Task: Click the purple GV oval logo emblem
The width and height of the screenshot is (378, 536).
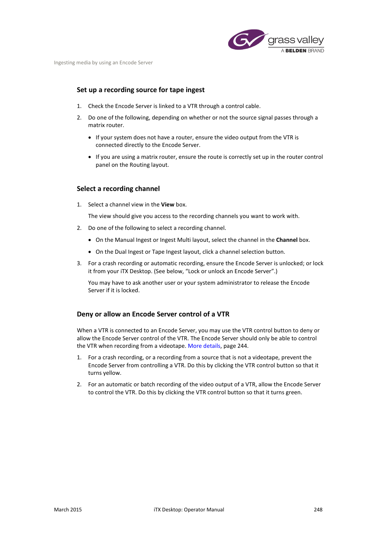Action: click(246, 40)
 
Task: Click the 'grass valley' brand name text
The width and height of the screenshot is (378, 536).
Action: click(296, 40)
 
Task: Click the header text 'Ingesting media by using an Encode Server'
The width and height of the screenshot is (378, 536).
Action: click(103, 63)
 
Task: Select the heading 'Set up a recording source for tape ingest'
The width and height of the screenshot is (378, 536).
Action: click(140, 90)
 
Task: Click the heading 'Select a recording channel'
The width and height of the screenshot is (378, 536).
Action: click(118, 189)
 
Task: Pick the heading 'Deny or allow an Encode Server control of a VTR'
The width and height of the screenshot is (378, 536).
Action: click(153, 314)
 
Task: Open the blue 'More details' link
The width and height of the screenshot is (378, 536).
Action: click(204, 346)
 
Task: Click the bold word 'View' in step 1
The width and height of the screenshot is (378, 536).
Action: click(168, 204)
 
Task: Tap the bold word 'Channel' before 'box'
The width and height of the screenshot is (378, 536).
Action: click(286, 240)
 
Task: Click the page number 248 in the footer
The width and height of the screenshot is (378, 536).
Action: click(318, 509)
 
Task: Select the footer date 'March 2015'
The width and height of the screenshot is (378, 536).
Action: click(68, 509)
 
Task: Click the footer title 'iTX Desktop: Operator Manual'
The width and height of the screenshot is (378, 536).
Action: click(189, 509)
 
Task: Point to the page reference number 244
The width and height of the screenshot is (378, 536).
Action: click(242, 346)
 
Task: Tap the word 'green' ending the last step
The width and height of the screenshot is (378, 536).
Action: click(293, 392)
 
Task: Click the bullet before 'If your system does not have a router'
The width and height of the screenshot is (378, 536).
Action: click(90, 137)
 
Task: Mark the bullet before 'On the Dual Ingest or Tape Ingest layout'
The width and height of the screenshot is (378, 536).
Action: click(90, 252)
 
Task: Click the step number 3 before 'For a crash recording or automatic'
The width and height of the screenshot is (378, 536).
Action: click(79, 263)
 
